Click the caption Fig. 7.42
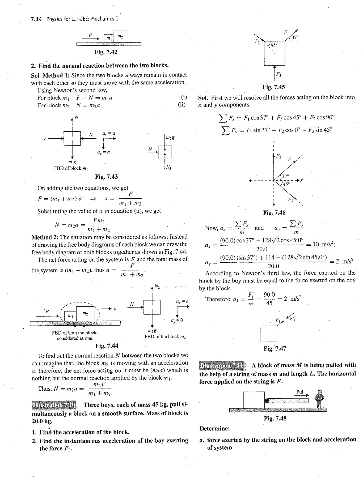106,52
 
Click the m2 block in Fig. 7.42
120,37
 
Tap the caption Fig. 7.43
106,177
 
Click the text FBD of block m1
71,168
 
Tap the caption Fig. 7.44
107,345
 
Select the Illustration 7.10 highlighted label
54,405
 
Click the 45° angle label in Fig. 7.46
286,183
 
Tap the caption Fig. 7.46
274,212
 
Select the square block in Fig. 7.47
269,334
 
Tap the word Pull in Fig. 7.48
300,392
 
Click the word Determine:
214,428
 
